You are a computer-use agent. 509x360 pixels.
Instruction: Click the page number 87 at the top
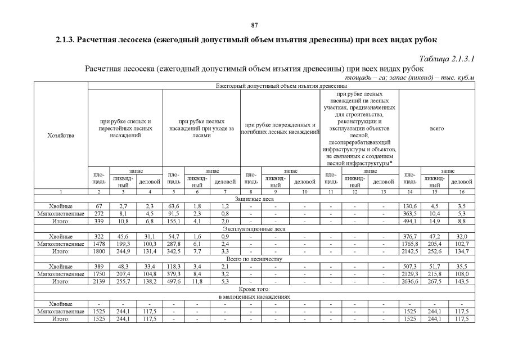[254, 25]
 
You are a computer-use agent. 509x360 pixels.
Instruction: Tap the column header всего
[436, 128]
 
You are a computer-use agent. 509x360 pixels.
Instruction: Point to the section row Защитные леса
[254, 199]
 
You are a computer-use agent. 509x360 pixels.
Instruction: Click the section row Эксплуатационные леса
[254, 229]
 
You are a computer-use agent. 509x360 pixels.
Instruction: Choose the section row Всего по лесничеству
[254, 259]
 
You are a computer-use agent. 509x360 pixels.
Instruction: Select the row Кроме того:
[254, 289]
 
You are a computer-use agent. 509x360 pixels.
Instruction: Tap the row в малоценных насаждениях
[254, 296]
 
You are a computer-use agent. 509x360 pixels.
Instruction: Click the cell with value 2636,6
[410, 281]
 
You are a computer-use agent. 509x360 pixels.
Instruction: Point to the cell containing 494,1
[410, 222]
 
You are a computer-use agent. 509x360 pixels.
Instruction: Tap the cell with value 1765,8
[410, 244]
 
